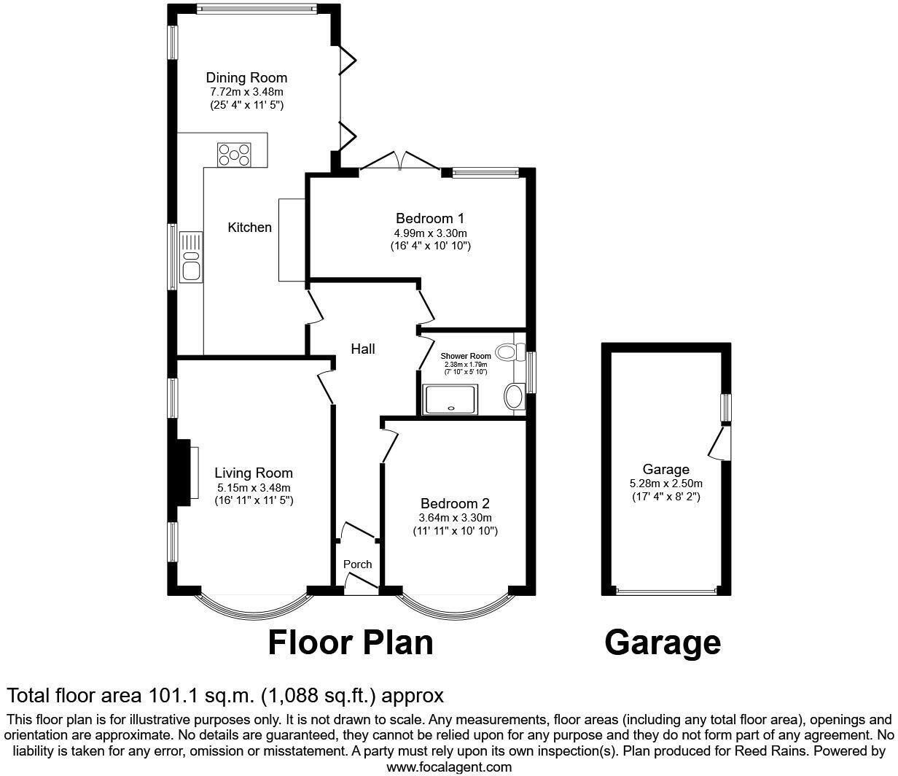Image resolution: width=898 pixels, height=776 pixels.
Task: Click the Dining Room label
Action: click(246, 78)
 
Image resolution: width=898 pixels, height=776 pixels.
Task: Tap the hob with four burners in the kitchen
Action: click(234, 155)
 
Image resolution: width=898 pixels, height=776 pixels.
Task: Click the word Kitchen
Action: click(249, 228)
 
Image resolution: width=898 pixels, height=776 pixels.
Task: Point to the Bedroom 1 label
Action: click(430, 218)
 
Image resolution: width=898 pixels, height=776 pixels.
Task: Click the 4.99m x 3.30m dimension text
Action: click(430, 233)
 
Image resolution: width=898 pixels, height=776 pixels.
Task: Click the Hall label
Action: click(363, 349)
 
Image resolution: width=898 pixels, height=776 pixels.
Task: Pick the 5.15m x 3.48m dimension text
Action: click(254, 488)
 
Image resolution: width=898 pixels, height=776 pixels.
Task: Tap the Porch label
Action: click(357, 564)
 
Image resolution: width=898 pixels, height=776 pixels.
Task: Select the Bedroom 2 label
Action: click(455, 504)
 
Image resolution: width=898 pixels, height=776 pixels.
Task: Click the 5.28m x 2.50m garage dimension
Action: click(665, 484)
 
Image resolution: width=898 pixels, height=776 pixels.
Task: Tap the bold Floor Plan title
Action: click(351, 643)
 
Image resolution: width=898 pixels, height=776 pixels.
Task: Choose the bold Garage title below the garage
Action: click(663, 643)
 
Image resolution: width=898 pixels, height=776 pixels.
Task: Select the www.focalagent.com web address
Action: click(449, 767)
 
